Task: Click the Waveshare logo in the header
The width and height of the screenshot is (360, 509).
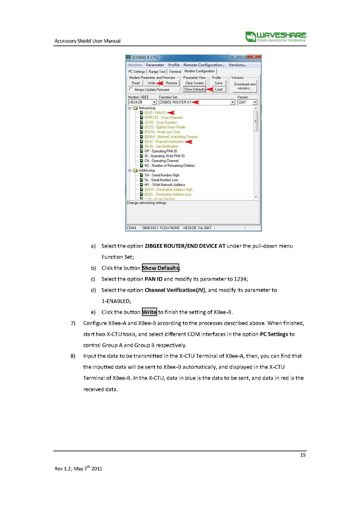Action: [x=276, y=36]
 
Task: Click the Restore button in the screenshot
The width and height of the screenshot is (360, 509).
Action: [x=172, y=83]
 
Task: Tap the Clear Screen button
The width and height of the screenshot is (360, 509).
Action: [x=194, y=83]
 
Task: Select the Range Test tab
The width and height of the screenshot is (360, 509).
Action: [x=157, y=72]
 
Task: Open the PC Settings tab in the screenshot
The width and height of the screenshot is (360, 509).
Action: [x=137, y=72]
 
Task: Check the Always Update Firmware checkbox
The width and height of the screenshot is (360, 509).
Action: [x=130, y=89]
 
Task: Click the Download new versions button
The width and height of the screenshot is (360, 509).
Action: [x=245, y=86]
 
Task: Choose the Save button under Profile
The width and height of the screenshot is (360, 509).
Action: [x=218, y=83]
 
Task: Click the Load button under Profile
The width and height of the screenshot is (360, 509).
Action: [x=218, y=89]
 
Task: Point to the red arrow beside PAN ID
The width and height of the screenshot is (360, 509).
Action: [x=171, y=112]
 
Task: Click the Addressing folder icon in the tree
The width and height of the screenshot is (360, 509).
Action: [x=135, y=171]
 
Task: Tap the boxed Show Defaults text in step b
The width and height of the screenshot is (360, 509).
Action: [x=160, y=268]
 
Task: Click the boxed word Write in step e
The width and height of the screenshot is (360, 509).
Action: [x=149, y=312]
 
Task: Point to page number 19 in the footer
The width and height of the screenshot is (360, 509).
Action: [x=303, y=456]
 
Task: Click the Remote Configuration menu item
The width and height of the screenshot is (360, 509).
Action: [x=204, y=65]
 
